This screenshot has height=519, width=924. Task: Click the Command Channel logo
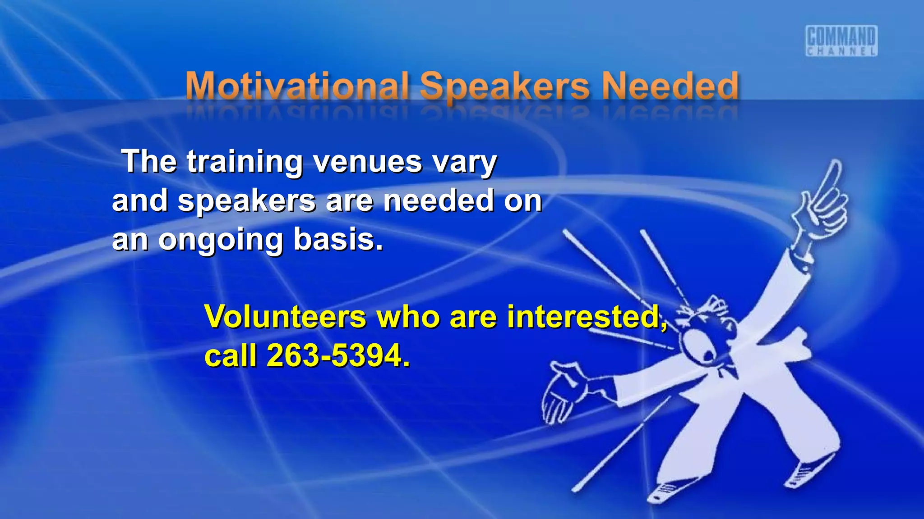tap(841, 41)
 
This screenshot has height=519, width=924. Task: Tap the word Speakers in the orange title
tap(504, 86)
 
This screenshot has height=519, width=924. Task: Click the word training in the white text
tap(245, 162)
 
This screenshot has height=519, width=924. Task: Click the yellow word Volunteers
tap(285, 317)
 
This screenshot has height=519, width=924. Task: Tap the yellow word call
tap(230, 356)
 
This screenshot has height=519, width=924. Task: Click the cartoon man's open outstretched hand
tap(562, 392)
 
